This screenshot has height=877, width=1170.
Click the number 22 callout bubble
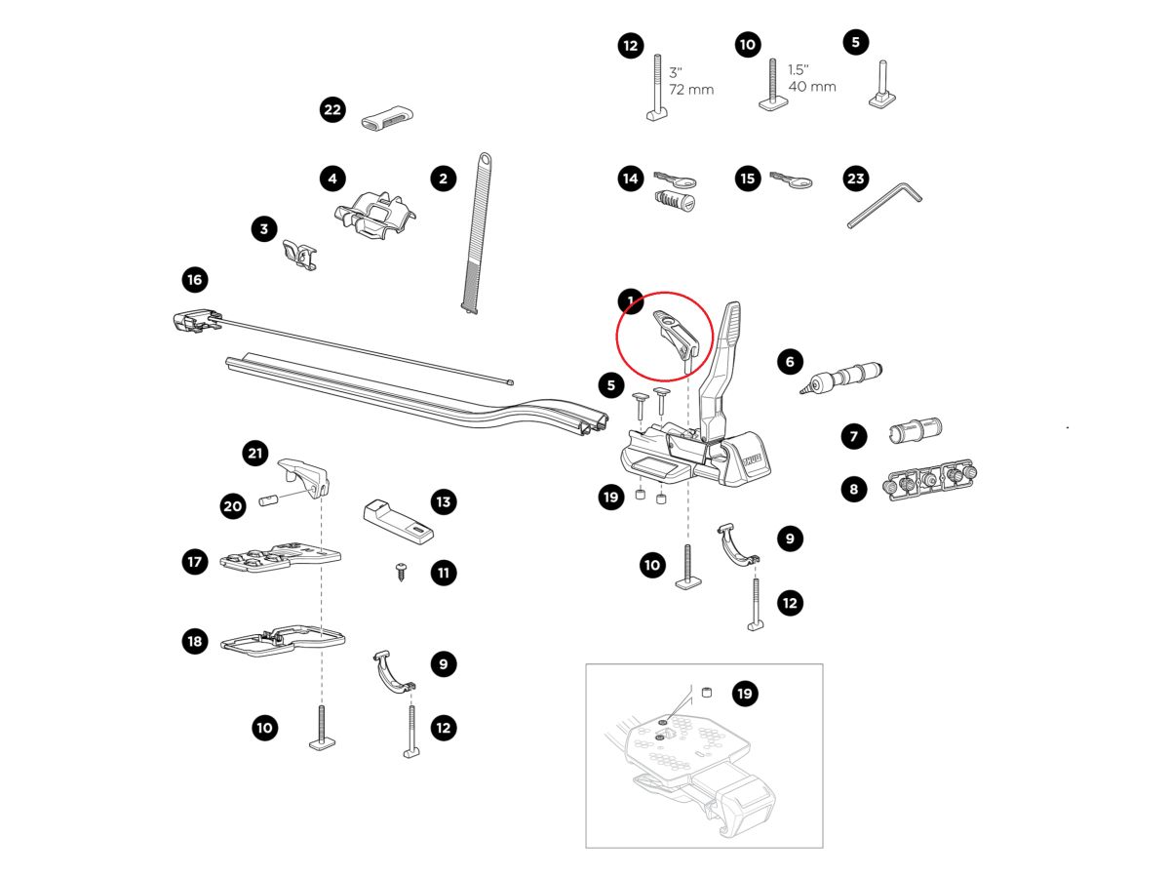332,109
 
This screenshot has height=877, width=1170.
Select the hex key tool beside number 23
882,205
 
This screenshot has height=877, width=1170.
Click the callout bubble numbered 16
195,280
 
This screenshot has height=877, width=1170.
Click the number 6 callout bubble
790,362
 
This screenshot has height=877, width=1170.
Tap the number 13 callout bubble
444,502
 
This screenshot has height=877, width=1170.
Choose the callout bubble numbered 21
255,453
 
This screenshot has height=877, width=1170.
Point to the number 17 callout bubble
195,561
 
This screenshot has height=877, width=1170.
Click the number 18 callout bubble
195,641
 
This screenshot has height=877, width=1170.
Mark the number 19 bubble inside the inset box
745,694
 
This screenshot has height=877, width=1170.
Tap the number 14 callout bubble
630,179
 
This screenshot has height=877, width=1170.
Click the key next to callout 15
792,180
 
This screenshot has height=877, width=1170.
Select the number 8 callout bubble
854,489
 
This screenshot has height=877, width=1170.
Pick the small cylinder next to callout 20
269,501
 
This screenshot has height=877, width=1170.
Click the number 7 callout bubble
854,436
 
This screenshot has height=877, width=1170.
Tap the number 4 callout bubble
332,179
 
